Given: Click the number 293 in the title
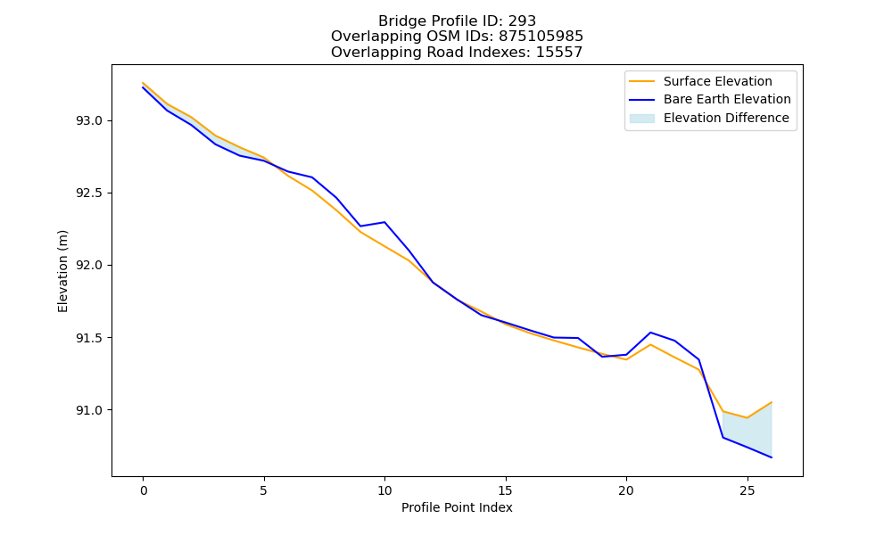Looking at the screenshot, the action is (522, 21).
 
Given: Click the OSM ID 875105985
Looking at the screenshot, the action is (541, 37).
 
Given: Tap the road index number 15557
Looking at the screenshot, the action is (559, 53).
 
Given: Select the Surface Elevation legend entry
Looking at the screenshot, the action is (700, 81).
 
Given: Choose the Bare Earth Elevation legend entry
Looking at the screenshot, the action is (710, 100).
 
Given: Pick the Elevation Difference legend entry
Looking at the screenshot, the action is (709, 118).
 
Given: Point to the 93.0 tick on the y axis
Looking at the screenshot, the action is (88, 121).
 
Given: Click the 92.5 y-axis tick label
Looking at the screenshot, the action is (88, 193).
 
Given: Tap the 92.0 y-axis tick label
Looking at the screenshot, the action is (88, 266).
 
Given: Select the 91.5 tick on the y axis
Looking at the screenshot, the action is (88, 338).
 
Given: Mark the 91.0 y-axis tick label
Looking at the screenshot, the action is (88, 410).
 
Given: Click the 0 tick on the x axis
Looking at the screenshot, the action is (144, 490).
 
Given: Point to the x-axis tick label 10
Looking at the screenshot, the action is (384, 490).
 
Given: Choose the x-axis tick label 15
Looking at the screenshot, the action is (505, 490).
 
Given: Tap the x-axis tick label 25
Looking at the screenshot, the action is (747, 490).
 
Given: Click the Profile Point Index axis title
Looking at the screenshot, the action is (457, 507).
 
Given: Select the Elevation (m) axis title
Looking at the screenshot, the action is (62, 271).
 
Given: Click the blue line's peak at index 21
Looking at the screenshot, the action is (650, 333).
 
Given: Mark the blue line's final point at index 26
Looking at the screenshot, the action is (772, 457).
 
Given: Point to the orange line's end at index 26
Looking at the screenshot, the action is (772, 402).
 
